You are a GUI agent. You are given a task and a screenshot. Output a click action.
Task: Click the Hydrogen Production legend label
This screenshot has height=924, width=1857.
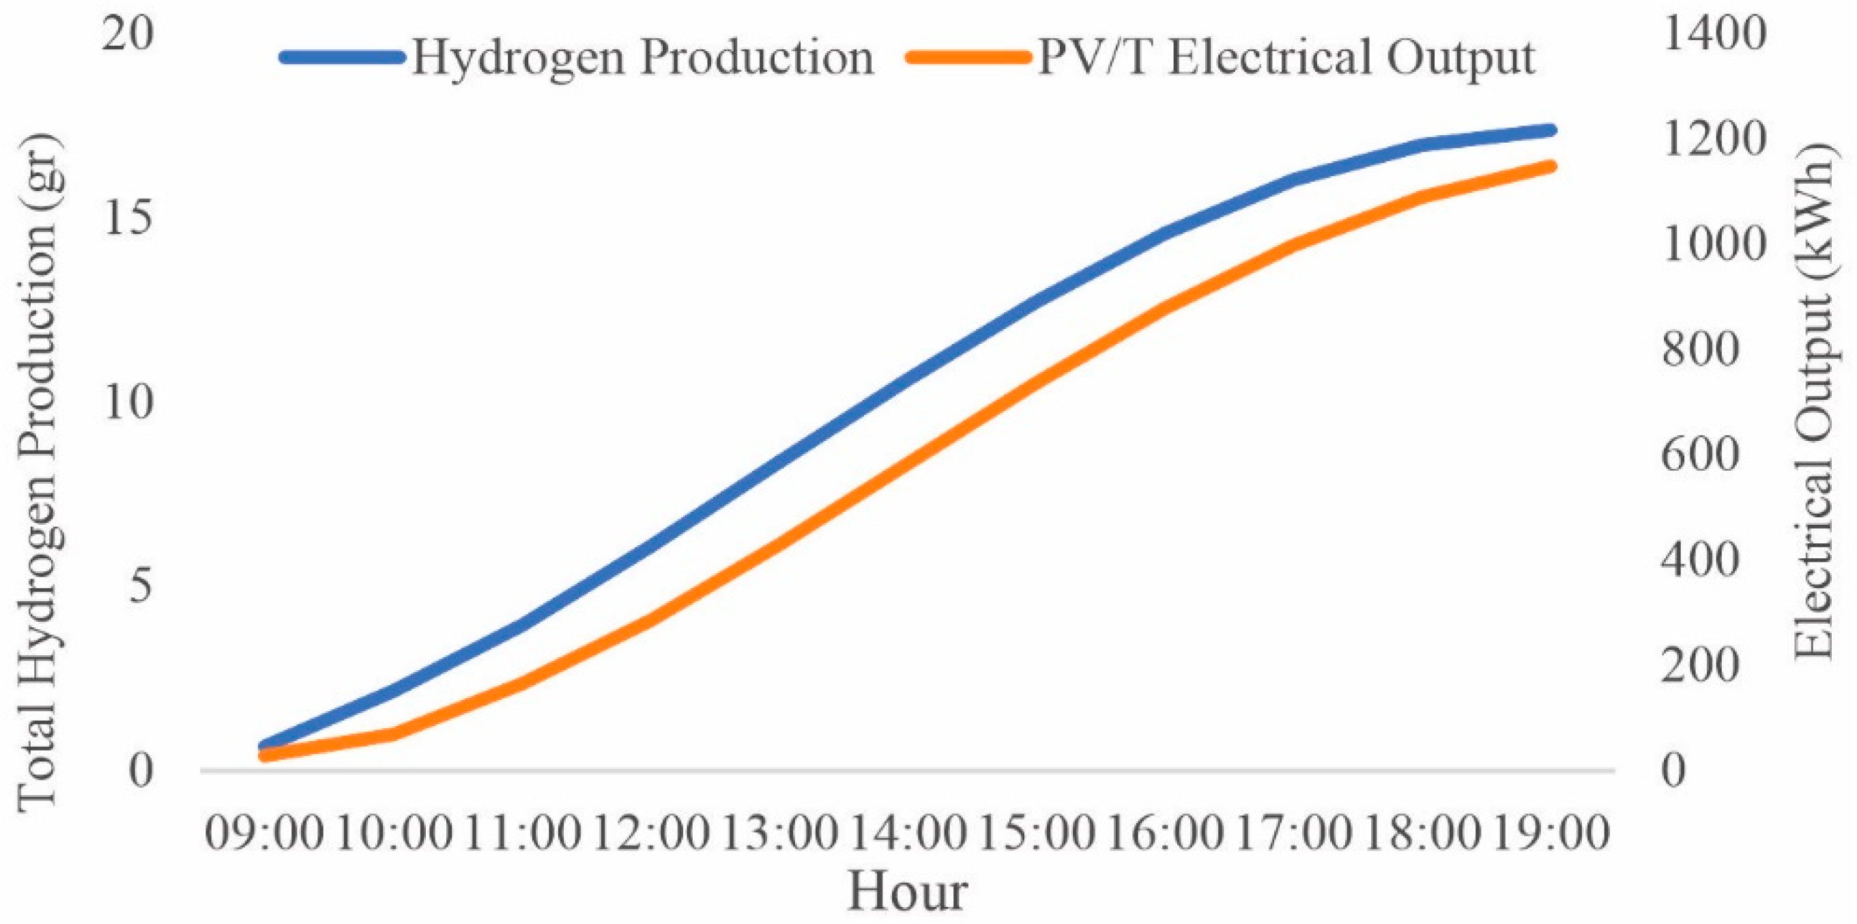[642, 57]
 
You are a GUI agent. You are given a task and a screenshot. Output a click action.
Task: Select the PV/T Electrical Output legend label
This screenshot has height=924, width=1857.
[1286, 57]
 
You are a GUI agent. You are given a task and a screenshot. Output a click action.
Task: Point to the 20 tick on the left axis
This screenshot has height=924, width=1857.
[128, 34]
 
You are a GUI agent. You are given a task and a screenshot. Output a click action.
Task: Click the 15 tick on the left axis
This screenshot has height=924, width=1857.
[128, 218]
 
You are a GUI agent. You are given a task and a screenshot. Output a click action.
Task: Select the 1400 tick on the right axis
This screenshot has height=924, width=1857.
[1713, 34]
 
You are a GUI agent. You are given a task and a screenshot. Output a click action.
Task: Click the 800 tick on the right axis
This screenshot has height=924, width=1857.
[1700, 349]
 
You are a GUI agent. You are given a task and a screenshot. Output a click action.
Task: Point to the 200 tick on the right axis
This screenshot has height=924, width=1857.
[1700, 665]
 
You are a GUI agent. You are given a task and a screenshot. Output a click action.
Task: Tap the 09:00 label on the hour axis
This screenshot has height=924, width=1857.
[265, 834]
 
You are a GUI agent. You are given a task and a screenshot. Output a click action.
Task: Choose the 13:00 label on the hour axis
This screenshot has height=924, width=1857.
[779, 834]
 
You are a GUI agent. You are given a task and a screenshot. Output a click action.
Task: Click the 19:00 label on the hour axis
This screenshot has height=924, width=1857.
[1550, 834]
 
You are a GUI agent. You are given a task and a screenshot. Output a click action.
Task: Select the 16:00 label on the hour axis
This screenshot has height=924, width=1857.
[1164, 834]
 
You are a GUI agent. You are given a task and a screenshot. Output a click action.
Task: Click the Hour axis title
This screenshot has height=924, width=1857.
[907, 891]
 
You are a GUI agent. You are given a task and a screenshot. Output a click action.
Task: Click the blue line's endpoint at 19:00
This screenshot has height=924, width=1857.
[1550, 130]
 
